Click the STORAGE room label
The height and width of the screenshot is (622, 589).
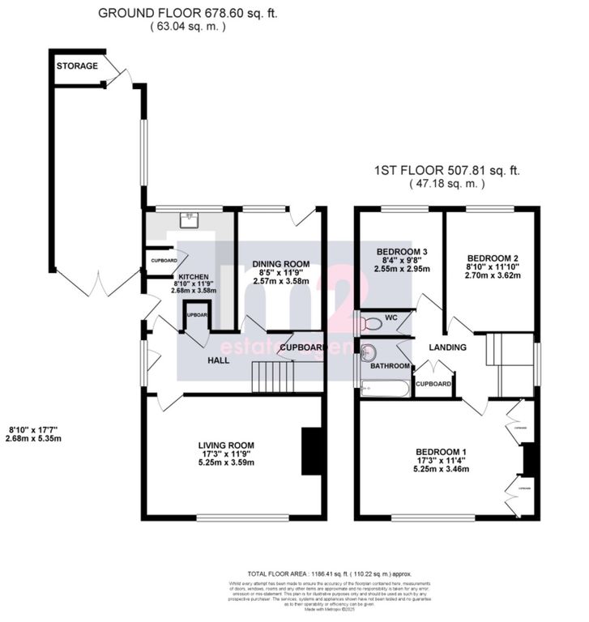tap(78, 66)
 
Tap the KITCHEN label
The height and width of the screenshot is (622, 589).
tap(194, 277)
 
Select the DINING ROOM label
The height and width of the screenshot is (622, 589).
tap(281, 264)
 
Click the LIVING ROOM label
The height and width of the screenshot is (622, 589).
tap(227, 445)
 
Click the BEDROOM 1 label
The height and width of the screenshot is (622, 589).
tap(441, 451)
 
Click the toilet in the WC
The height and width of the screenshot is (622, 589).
tap(372, 324)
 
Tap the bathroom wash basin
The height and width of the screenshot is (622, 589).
tap(369, 352)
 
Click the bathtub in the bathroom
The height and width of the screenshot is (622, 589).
tap(384, 389)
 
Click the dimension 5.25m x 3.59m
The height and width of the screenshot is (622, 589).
tap(227, 462)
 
